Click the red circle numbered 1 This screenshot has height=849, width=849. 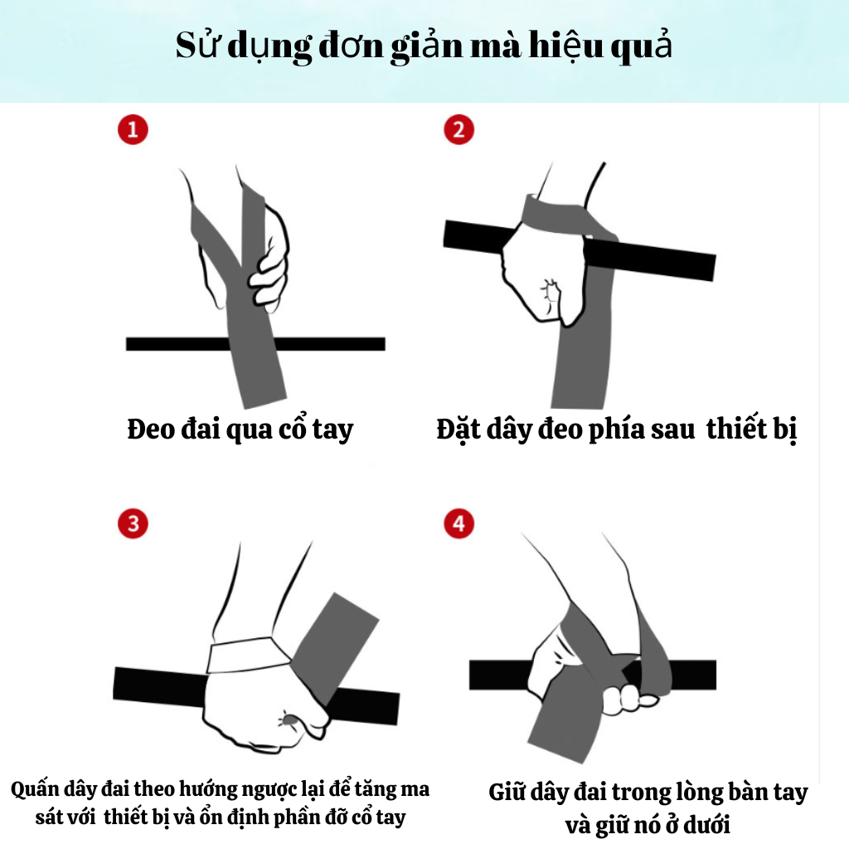pyautogui.click(x=133, y=130)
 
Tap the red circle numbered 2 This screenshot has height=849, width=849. pyautogui.click(x=458, y=130)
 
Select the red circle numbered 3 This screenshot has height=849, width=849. pyautogui.click(x=133, y=524)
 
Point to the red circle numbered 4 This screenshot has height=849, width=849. pyautogui.click(x=458, y=524)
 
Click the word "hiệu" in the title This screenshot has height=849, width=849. pyautogui.click(x=565, y=46)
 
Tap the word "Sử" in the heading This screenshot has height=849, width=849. pyautogui.click(x=198, y=45)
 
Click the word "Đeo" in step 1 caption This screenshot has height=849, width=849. pyautogui.click(x=150, y=429)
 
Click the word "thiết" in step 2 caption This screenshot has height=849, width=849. pyautogui.click(x=736, y=429)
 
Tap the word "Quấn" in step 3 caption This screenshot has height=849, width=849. pyautogui.click(x=35, y=790)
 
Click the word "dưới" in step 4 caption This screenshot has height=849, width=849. pyautogui.click(x=706, y=825)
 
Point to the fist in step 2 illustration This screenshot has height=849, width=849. pyautogui.click(x=544, y=276)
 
